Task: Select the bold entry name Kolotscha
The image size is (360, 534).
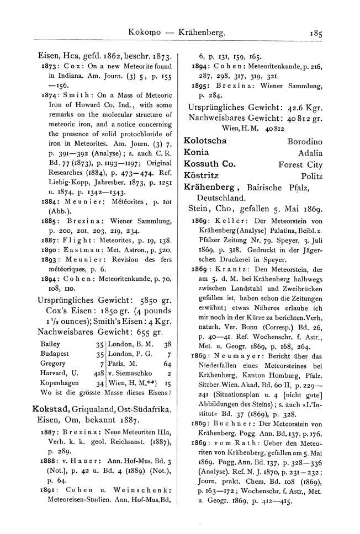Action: [205, 141]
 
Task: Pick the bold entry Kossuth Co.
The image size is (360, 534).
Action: [210, 164]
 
